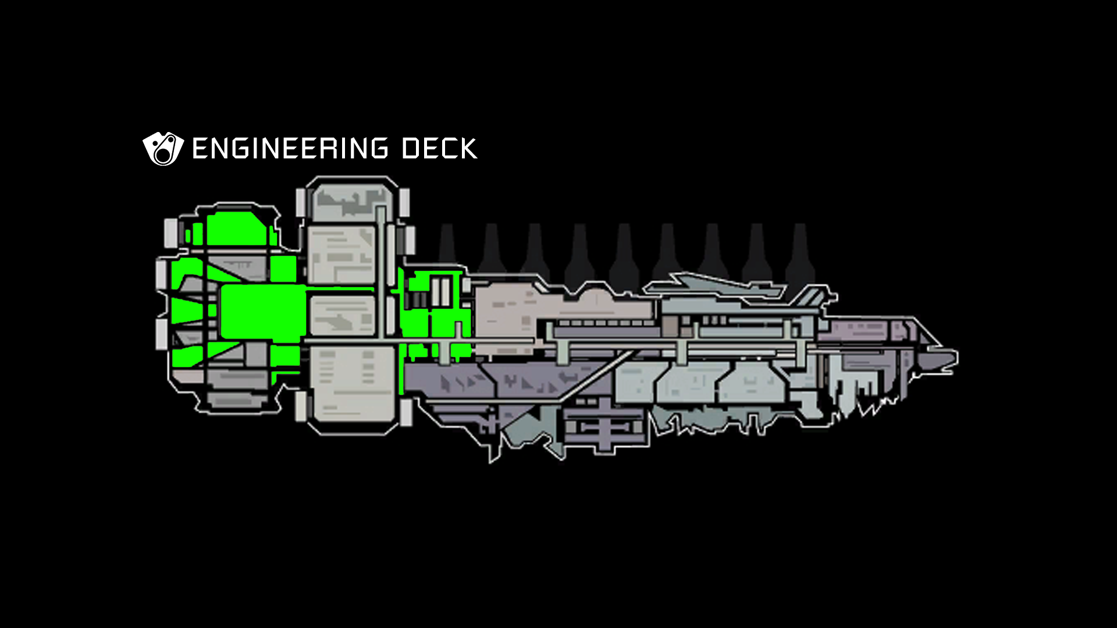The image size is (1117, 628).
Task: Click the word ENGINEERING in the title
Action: tap(290, 149)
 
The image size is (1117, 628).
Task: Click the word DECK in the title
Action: tap(439, 149)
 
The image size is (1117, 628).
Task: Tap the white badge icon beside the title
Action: tap(163, 149)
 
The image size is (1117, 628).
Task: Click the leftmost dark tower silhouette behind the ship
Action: tap(447, 244)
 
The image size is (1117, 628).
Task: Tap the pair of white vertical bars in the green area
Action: tap(441, 291)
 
